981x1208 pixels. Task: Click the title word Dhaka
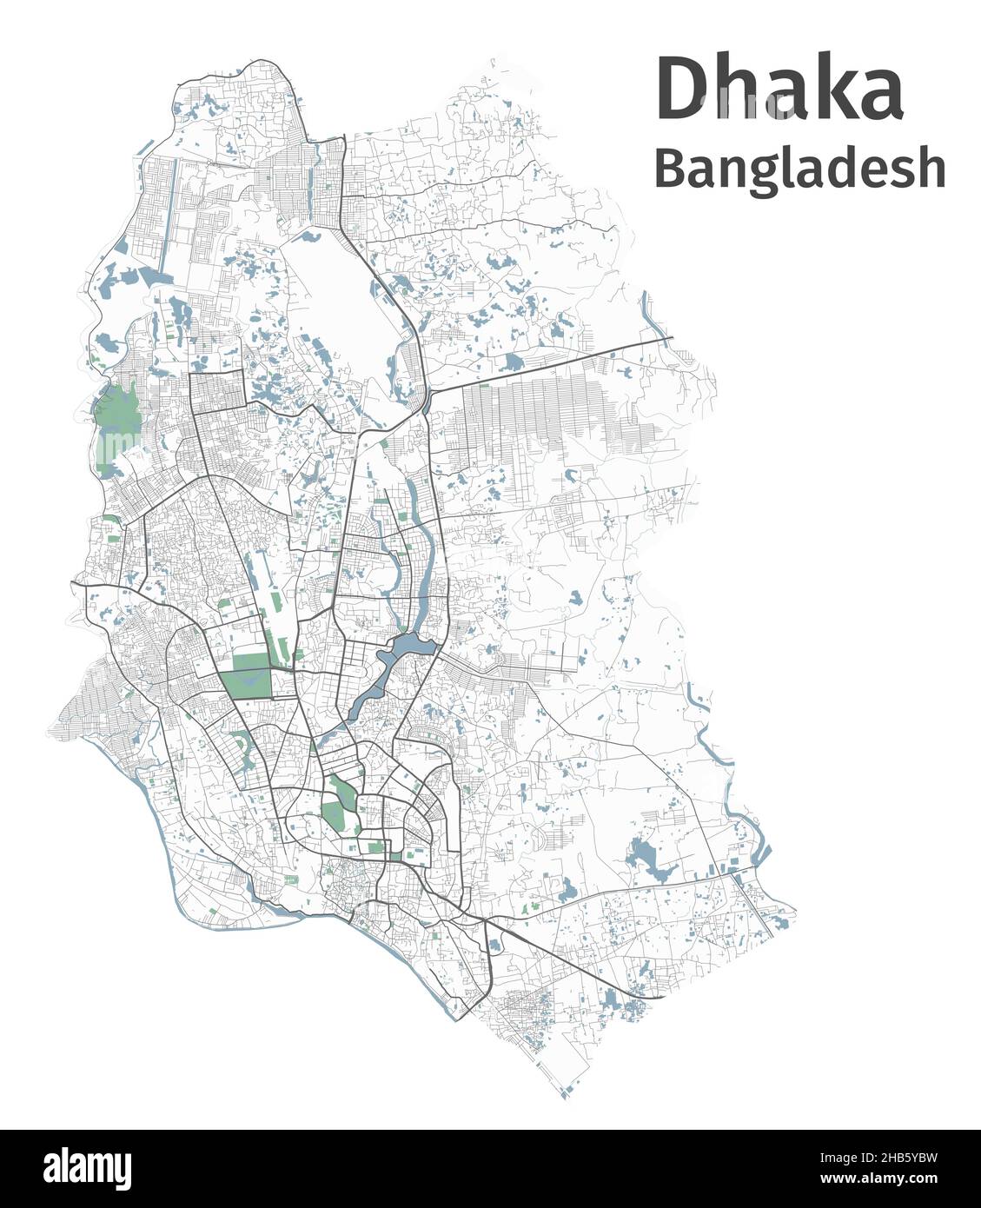click(779, 90)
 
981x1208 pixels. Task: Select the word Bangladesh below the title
click(799, 169)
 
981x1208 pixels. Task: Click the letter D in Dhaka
click(683, 90)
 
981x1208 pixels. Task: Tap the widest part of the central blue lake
click(406, 647)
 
